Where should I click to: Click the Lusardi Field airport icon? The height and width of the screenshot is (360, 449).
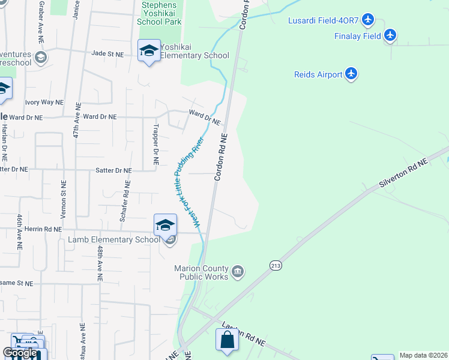[369, 21]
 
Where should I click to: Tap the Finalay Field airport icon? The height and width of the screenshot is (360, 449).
[391, 36]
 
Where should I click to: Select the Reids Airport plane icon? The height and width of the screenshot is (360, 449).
[352, 74]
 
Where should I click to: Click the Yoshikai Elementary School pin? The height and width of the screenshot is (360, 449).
[148, 51]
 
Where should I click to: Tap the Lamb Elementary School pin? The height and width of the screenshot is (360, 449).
[165, 226]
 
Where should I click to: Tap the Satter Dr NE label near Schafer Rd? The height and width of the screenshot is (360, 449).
[113, 170]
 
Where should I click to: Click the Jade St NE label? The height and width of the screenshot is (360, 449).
[107, 54]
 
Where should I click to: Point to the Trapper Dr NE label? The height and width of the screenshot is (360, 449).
[155, 145]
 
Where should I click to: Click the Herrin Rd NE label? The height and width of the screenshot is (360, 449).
[40, 229]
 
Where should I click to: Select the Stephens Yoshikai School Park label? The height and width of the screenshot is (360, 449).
[159, 13]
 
